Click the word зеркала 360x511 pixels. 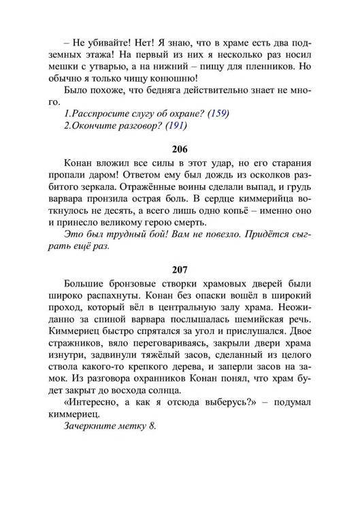(x=109, y=197)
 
